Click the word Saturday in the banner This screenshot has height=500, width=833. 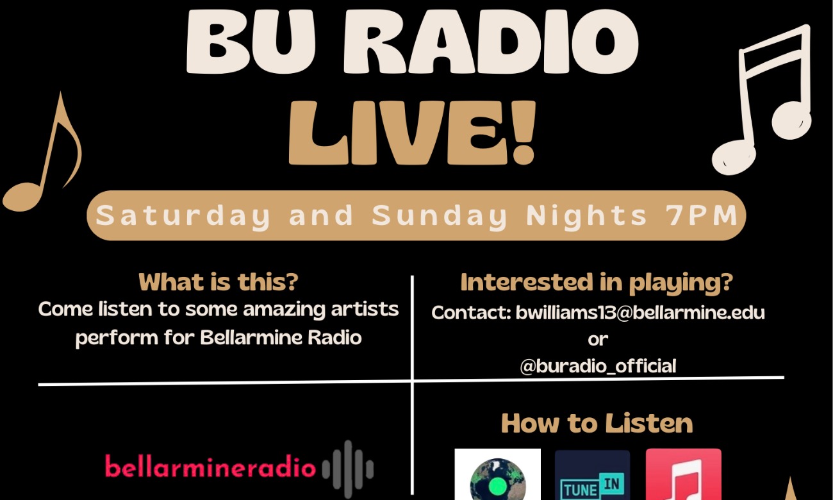pyautogui.click(x=183, y=216)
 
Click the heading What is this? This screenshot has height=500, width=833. pyautogui.click(x=219, y=282)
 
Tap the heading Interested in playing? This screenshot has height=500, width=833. pyautogui.click(x=597, y=282)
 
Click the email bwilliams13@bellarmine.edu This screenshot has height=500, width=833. pyautogui.click(x=640, y=313)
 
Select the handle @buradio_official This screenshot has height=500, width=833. pyautogui.click(x=598, y=366)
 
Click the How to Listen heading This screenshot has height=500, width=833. pyautogui.click(x=597, y=424)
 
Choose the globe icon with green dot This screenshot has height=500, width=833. pyautogui.click(x=497, y=478)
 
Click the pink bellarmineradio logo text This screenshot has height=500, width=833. pyautogui.click(x=210, y=467)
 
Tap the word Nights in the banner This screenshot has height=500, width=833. pyautogui.click(x=586, y=216)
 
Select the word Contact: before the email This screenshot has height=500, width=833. pyautogui.click(x=471, y=313)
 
